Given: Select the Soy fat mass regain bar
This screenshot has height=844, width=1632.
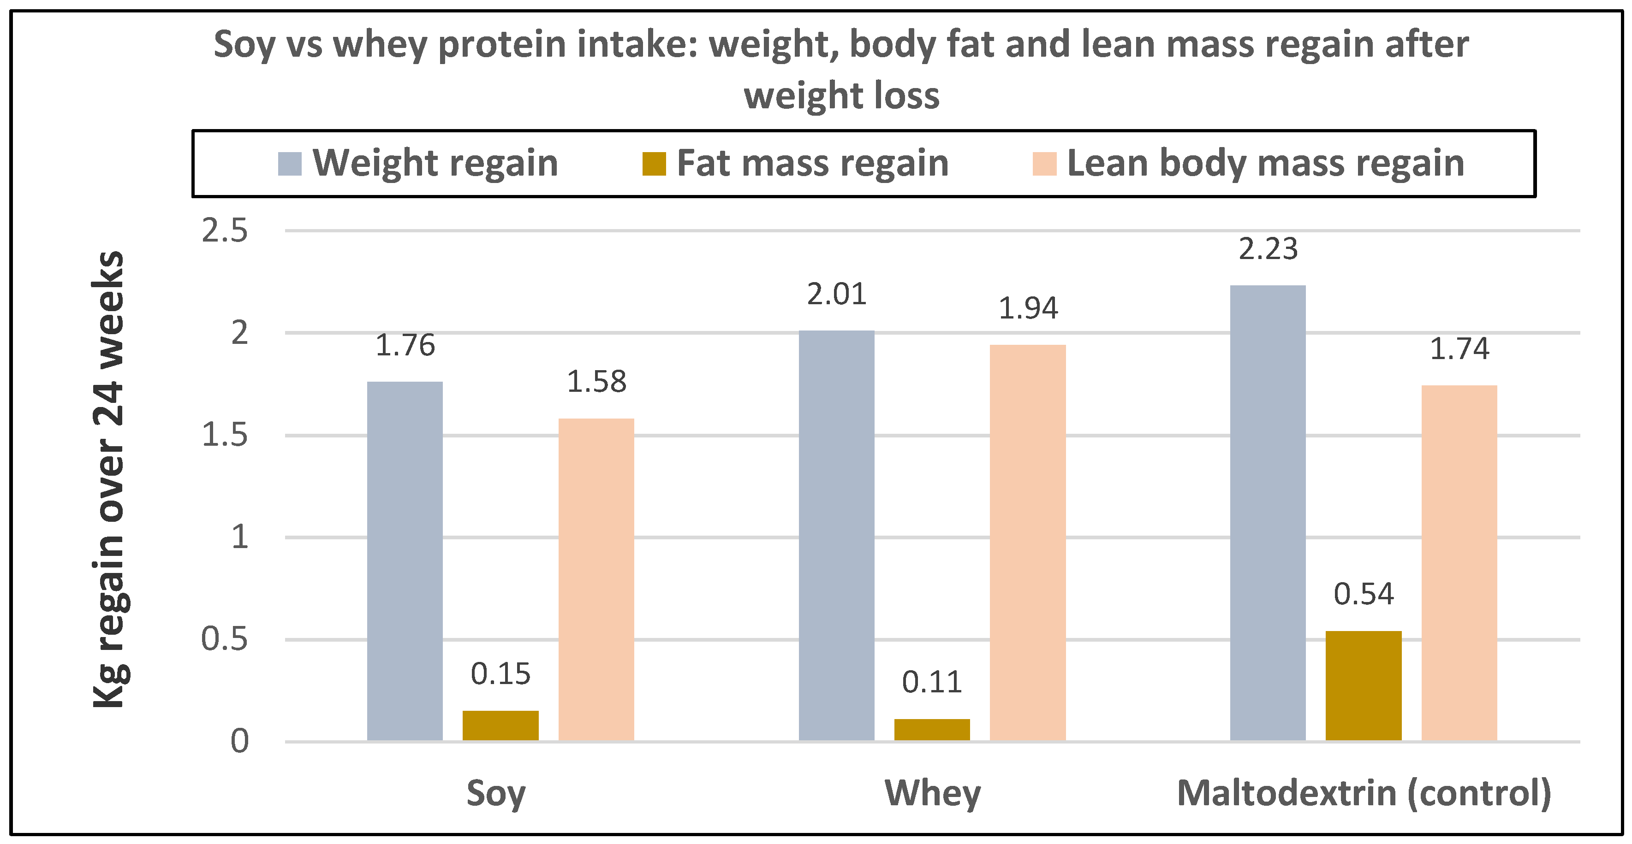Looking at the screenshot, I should [500, 725].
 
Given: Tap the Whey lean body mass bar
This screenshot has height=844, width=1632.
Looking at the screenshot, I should [1028, 542].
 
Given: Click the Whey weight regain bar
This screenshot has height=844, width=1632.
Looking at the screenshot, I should [836, 535].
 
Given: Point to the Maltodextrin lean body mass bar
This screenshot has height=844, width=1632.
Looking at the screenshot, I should [1459, 562].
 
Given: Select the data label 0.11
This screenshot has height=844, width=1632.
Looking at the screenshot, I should [932, 682].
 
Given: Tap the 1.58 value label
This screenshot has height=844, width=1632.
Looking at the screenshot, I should [596, 382].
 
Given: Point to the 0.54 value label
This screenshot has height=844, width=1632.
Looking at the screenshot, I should [1364, 594].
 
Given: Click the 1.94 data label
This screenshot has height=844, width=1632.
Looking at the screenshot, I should [1028, 308].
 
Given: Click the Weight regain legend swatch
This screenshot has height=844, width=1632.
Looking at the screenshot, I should [290, 163].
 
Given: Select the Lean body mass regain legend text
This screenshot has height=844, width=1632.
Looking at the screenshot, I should [1265, 163].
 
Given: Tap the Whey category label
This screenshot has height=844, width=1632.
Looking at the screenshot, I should [933, 793].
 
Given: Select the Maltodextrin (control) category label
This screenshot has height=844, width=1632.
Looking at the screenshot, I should [1364, 793].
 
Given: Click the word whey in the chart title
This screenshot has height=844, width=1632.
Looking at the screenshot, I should [380, 46].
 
